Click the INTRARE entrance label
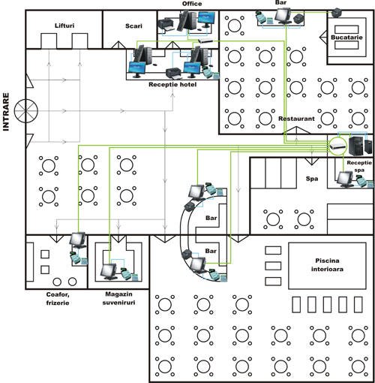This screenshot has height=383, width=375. click(6, 112)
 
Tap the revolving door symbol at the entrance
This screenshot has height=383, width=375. click(26, 111)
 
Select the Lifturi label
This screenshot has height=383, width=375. click(64, 26)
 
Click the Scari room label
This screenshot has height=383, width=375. click(133, 26)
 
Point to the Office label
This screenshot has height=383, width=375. click(192, 4)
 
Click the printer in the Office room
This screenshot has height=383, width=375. click(166, 25)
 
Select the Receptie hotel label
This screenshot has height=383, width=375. click(172, 85)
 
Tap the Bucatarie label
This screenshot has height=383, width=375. click(346, 38)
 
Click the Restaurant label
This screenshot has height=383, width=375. click(296, 119)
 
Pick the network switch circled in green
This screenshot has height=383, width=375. click(337, 146)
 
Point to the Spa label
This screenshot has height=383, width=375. click(312, 179)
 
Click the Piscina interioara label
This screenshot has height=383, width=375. click(327, 265)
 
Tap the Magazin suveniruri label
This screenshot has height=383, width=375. click(118, 298)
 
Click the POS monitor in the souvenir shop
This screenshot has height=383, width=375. click(109, 272)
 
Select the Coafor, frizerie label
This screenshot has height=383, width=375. click(58, 299)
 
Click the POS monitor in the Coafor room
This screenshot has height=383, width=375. click(78, 240)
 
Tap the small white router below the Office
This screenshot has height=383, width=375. click(205, 41)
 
